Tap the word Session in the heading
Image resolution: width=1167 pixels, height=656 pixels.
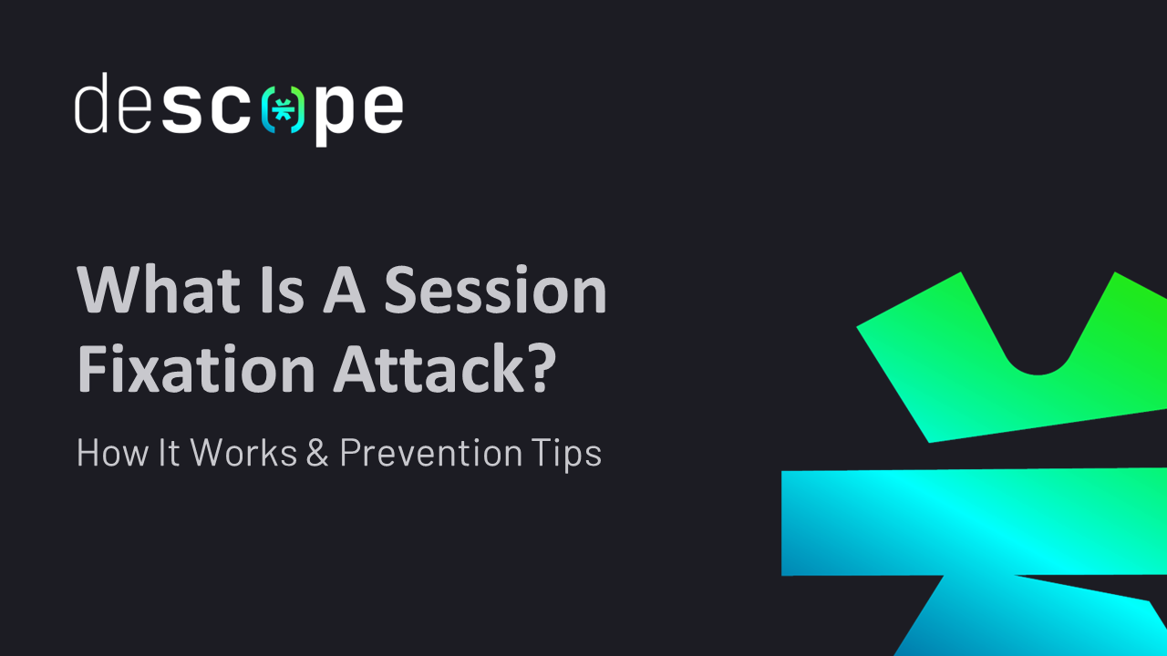click(x=495, y=291)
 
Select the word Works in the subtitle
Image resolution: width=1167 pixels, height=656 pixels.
click(x=244, y=453)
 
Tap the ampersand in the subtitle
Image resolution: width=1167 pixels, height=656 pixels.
click(x=317, y=453)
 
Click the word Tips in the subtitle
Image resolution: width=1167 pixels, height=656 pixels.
click(x=569, y=453)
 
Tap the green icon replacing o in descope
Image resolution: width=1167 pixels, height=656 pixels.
click(x=283, y=109)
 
